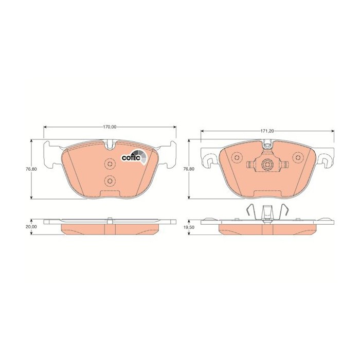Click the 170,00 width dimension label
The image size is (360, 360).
[110, 127]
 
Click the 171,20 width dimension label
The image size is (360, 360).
[267, 131]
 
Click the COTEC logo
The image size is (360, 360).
[134, 157]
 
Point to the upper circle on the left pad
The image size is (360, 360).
[110, 164]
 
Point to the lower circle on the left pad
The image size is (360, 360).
[110, 181]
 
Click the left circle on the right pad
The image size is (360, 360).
[237, 157]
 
